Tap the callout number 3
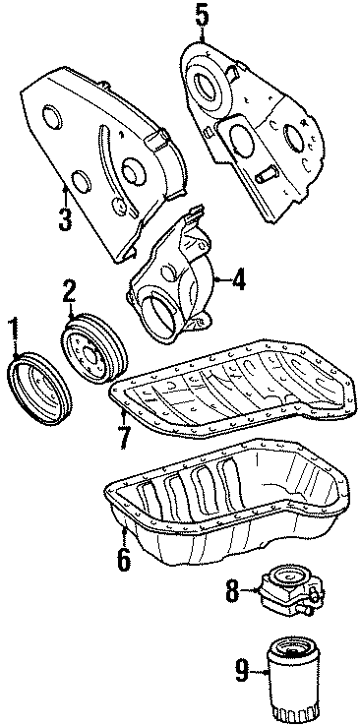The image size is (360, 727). [65, 217]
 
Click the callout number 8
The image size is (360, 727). [232, 590]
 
